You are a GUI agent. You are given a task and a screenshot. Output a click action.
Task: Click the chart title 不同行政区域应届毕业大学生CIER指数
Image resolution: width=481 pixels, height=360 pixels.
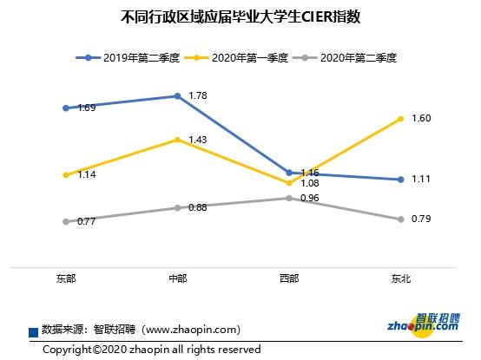[x=240, y=16]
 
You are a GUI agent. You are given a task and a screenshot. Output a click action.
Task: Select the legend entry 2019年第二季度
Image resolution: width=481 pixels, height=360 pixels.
[x=130, y=58]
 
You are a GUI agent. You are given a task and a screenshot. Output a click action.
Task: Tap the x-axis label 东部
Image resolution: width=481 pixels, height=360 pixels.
[x=65, y=278]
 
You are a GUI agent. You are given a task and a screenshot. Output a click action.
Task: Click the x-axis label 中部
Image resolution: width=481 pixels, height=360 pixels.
[x=177, y=278]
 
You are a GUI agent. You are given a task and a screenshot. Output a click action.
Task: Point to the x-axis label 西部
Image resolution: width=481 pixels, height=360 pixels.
[x=288, y=278]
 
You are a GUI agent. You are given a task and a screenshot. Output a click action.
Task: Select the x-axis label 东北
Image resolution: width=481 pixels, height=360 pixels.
[x=400, y=278]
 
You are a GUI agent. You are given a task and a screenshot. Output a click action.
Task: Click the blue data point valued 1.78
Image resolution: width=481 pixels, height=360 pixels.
[x=177, y=96]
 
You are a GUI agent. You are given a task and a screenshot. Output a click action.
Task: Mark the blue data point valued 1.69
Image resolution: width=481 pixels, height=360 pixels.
[x=66, y=108]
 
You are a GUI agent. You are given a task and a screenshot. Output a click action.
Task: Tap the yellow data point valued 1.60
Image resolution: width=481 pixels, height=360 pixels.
[x=400, y=118]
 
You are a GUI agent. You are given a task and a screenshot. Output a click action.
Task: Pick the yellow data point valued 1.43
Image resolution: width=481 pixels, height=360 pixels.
[x=177, y=139]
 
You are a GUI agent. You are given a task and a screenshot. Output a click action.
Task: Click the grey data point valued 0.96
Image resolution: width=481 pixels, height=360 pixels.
[x=288, y=198]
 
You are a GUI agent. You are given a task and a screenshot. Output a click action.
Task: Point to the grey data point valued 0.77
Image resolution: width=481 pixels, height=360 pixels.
[x=66, y=221]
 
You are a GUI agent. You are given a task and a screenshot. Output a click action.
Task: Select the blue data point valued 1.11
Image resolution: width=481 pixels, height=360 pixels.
[x=400, y=180]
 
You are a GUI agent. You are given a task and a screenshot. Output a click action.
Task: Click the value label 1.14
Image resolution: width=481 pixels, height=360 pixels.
[x=86, y=175]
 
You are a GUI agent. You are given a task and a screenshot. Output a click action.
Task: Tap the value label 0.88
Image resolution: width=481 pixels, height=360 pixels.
[x=197, y=207]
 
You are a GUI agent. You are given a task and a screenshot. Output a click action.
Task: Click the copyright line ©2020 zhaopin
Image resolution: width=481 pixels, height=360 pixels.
[x=152, y=350]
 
